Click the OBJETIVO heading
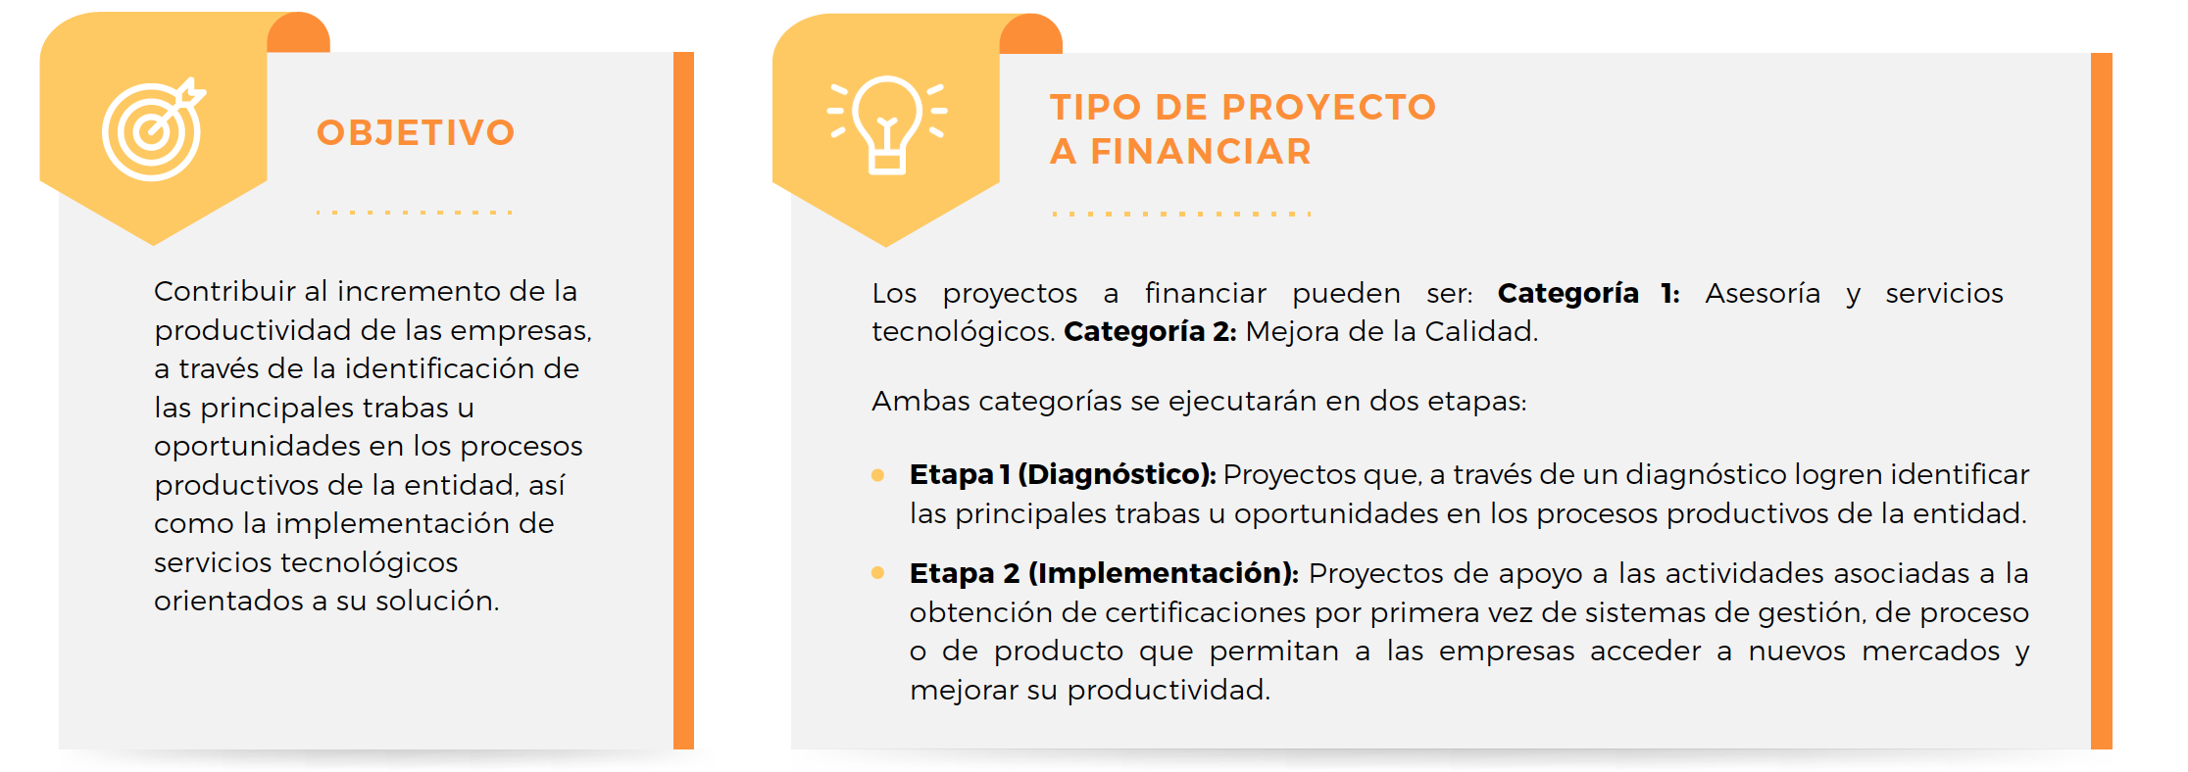[416, 132]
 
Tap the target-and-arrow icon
[154, 129]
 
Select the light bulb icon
[887, 124]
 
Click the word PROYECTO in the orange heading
[1329, 107]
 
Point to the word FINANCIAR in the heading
[1201, 152]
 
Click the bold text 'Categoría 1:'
[1588, 293]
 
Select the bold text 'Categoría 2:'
[1150, 331]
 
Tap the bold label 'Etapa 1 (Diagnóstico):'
[1063, 474]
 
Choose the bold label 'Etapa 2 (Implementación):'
[1104, 573]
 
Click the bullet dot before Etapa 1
[877, 475]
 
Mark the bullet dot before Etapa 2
[877, 573]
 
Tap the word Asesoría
[1763, 293]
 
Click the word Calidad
[1481, 331]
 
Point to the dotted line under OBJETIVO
[415, 212]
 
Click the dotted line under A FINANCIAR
[1181, 214]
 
